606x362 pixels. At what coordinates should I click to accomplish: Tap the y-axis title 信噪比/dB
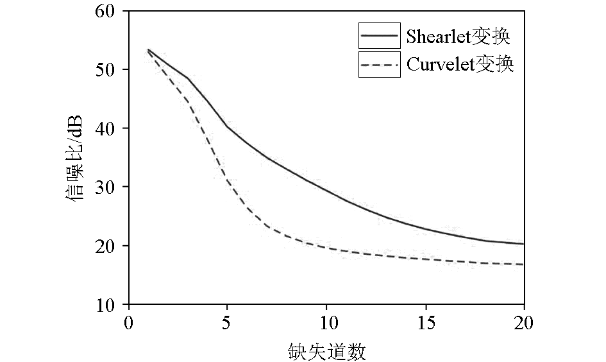pyautogui.click(x=75, y=158)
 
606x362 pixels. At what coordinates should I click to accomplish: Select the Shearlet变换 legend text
pyautogui.click(x=458, y=37)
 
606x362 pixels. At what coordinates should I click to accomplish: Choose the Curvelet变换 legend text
pyautogui.click(x=460, y=64)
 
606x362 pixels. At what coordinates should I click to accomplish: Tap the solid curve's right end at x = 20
pyautogui.click(x=523, y=244)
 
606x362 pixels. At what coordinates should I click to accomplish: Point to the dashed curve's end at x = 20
pyautogui.click(x=523, y=264)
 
